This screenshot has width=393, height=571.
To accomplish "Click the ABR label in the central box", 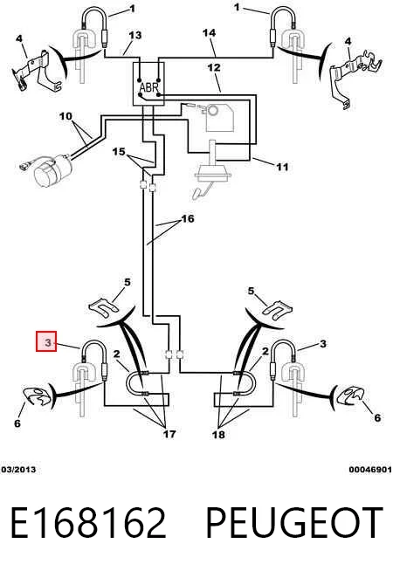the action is click(149, 88).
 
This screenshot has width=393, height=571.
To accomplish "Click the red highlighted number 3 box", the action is click(46, 341).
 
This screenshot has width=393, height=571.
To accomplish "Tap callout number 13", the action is click(134, 35).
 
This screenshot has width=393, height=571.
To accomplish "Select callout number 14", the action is click(209, 33).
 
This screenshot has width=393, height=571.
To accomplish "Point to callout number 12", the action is click(214, 67).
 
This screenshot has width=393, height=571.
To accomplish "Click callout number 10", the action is click(65, 116).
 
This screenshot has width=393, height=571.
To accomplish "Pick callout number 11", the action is click(282, 167).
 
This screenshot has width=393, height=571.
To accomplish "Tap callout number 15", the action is click(119, 152).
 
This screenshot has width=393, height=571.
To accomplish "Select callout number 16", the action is click(188, 218).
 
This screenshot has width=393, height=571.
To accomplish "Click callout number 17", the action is click(169, 434).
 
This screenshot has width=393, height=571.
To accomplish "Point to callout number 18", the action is click(218, 434).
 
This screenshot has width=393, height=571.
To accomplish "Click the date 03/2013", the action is click(18, 470).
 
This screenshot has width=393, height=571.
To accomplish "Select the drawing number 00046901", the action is click(370, 470).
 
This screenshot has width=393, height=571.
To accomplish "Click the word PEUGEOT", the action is click(294, 523).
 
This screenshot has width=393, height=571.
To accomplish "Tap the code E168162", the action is click(88, 523).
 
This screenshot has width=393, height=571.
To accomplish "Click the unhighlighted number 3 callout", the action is click(323, 344).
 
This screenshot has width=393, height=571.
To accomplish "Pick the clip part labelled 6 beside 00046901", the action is click(350, 396).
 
